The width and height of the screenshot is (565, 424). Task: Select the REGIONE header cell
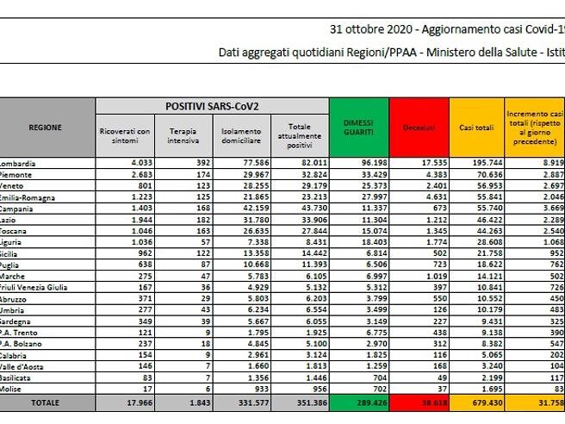(45, 127)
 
